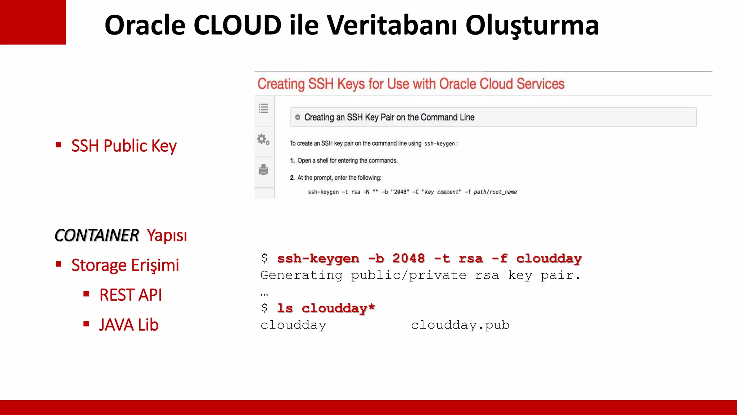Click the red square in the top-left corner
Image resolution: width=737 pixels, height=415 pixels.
(x=33, y=22)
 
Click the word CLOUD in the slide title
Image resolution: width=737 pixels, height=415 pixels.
(x=237, y=25)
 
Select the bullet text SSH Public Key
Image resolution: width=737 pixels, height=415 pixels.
(x=124, y=146)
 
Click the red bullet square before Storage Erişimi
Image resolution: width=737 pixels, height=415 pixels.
(x=59, y=264)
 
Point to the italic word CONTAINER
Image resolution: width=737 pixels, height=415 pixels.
(x=96, y=235)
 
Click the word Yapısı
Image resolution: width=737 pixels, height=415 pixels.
(x=167, y=235)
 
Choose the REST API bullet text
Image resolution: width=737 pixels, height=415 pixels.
(x=130, y=295)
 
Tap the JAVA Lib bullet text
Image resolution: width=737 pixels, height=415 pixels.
(x=128, y=325)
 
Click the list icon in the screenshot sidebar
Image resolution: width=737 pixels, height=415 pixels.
(x=263, y=108)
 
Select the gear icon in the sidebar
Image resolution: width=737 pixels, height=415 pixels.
(x=263, y=139)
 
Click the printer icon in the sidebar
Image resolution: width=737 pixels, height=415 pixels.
(x=263, y=169)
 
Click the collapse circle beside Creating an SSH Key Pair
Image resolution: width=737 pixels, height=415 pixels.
(x=298, y=117)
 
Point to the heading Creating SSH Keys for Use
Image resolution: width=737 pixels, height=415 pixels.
(x=411, y=84)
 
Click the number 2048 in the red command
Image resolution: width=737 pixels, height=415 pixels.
(x=408, y=258)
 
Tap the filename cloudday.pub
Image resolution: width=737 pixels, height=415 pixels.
(x=460, y=325)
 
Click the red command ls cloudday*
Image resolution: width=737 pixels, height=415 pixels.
(x=326, y=308)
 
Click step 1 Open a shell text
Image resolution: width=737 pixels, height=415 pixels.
(x=347, y=161)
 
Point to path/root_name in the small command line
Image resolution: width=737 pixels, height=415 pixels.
(x=495, y=192)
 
